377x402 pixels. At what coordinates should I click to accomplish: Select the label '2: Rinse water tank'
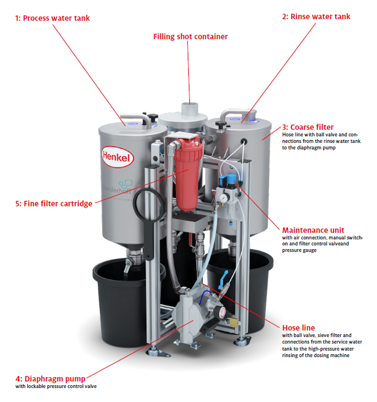(316, 17)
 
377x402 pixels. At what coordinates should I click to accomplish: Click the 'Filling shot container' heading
(190, 37)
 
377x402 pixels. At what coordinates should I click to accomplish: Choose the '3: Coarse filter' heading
(308, 127)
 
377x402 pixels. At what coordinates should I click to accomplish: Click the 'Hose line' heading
(298, 328)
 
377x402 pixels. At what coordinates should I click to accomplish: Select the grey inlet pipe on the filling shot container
(189, 109)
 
